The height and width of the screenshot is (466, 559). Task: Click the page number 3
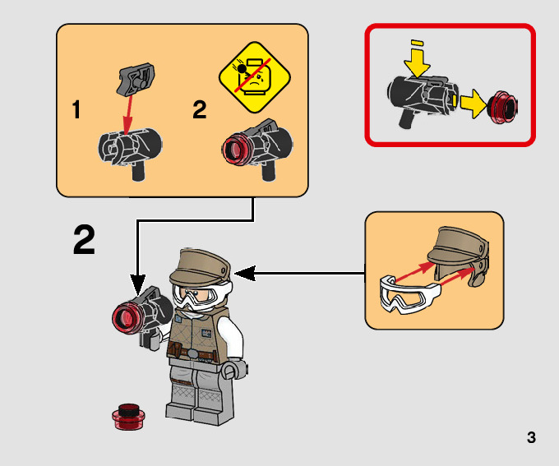click(x=531, y=437)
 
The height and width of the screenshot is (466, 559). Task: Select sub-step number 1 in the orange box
click(x=76, y=110)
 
